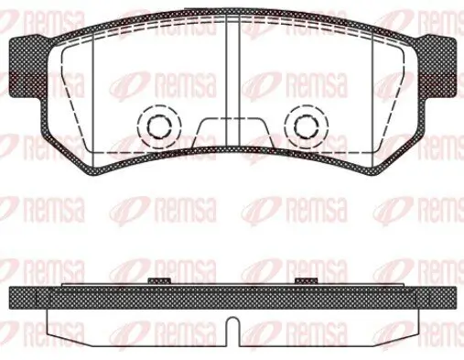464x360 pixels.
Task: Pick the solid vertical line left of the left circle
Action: (94, 92)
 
